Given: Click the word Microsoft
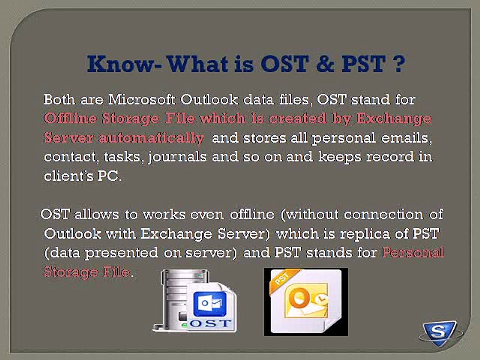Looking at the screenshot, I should tap(142, 99).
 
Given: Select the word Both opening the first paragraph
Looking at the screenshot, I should tap(59, 99).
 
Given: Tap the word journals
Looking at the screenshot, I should tap(177, 157).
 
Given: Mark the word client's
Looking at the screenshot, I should tap(68, 176).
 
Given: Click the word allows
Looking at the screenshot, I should tap(97, 214).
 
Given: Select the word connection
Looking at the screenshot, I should tap(383, 214).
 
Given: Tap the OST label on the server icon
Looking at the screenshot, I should tap(210, 323).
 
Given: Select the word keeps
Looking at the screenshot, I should tap(339, 157).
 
